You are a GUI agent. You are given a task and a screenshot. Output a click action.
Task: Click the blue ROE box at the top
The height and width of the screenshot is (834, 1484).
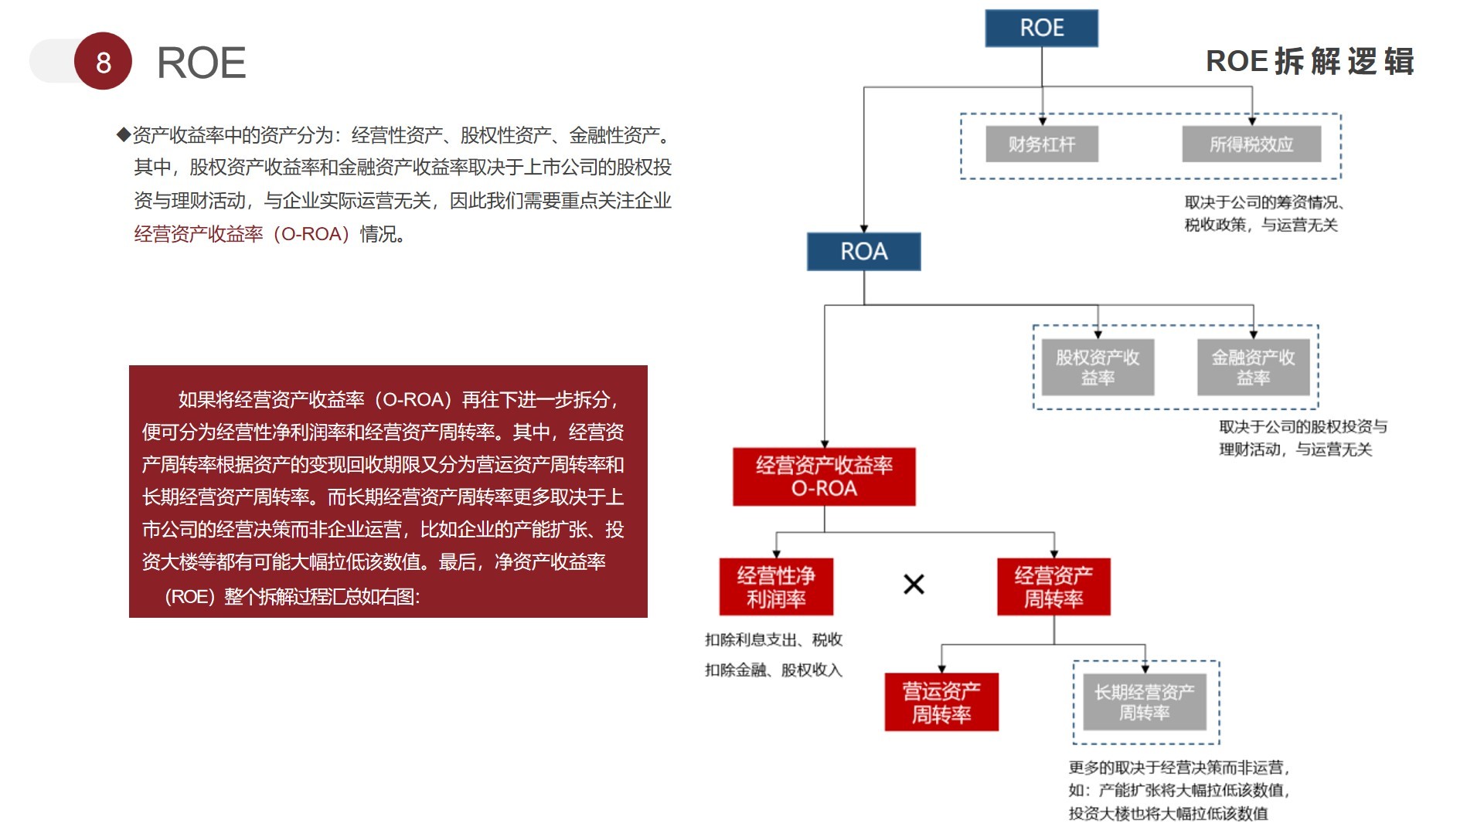tap(1041, 29)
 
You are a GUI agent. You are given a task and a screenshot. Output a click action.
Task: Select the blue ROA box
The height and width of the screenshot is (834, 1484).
tap(863, 252)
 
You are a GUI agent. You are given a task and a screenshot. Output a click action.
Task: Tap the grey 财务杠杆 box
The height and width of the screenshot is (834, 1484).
tap(1041, 144)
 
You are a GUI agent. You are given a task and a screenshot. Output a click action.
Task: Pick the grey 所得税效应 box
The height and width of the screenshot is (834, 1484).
tap(1251, 144)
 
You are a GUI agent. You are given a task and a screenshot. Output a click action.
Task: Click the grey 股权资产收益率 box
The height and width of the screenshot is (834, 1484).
tap(1098, 368)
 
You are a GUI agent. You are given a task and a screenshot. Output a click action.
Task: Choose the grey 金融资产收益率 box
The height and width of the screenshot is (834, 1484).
tap(1253, 368)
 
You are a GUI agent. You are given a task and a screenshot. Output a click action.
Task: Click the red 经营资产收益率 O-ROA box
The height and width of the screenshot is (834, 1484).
tap(824, 476)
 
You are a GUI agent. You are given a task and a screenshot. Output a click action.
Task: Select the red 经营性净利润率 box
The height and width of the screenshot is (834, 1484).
tap(776, 587)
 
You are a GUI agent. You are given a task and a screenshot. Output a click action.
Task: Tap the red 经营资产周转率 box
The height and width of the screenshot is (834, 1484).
tap(1053, 587)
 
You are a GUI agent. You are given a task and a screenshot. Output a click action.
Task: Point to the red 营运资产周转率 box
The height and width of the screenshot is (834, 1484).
tap(941, 702)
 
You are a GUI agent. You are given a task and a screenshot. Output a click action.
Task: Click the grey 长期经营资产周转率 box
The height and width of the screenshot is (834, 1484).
tap(1144, 702)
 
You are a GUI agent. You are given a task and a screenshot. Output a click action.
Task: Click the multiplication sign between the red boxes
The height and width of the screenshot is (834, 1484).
tap(914, 585)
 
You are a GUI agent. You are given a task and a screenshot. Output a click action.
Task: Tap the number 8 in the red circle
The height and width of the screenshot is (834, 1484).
tap(104, 62)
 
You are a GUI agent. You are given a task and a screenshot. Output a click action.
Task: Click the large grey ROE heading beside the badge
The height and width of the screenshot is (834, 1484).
tap(201, 63)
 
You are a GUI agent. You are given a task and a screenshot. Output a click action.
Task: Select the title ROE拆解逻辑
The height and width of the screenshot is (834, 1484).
tap(1309, 62)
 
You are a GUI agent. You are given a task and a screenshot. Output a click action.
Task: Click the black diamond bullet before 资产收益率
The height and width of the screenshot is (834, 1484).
tap(124, 135)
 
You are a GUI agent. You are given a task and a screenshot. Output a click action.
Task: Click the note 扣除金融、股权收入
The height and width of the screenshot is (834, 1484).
tap(773, 670)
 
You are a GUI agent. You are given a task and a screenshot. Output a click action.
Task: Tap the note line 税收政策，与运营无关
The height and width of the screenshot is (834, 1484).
tap(1261, 225)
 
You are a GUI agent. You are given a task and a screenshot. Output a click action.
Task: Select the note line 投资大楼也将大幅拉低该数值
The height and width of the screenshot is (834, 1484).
tap(1168, 813)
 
